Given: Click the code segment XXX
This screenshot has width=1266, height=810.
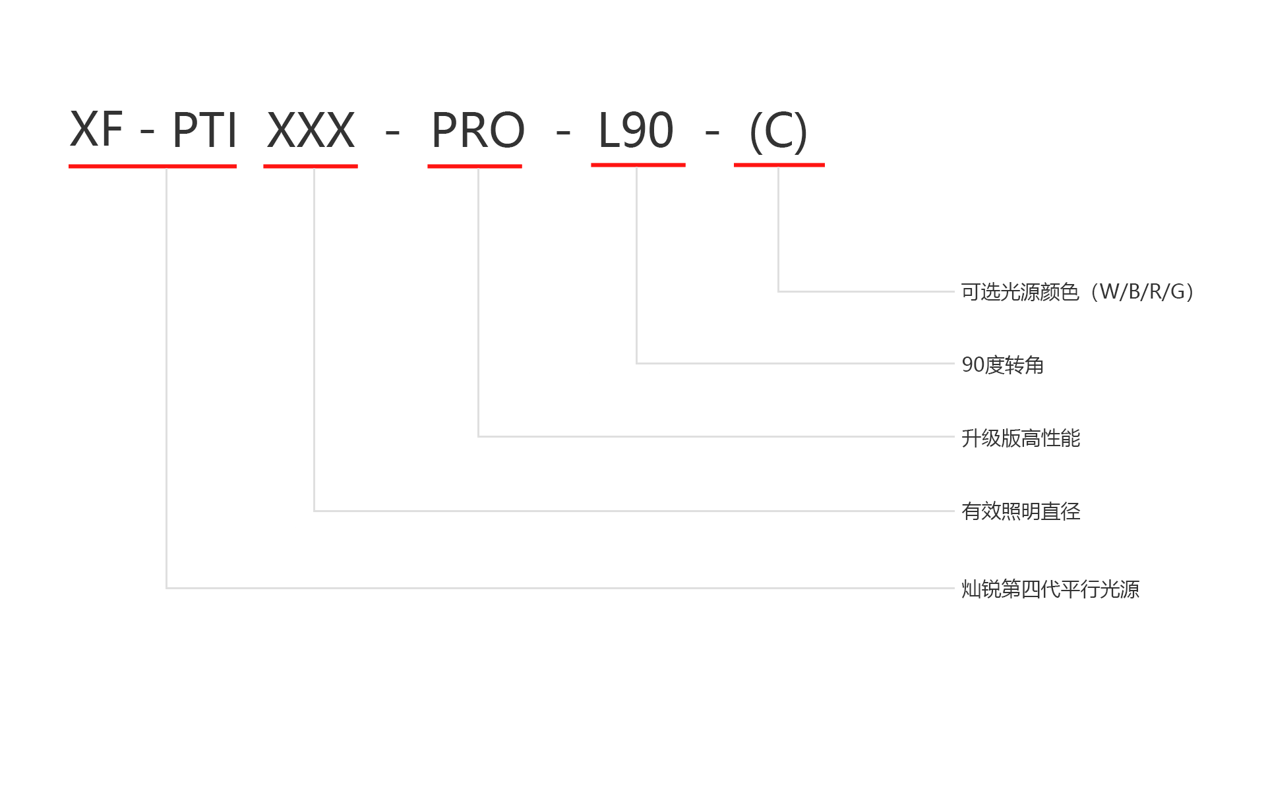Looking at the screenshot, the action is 311,130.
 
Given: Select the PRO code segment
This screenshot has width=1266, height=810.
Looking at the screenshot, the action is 477,130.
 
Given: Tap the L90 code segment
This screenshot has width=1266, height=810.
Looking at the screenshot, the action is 636,130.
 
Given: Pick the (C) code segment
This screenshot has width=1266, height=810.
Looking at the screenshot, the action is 778,131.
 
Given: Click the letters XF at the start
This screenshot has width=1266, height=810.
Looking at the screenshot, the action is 96,129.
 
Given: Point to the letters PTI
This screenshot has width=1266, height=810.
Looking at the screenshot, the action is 204,130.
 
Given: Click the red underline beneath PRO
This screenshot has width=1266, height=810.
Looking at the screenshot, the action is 475,166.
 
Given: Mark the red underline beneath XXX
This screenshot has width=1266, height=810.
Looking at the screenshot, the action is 311,166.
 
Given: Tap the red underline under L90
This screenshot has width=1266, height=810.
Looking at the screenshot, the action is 638,165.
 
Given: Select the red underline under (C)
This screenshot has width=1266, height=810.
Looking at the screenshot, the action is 779,165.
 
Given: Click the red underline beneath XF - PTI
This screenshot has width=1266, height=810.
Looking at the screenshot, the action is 152,166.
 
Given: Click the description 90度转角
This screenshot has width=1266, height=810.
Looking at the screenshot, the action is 1002,364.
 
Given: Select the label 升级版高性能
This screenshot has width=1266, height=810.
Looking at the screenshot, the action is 1021,438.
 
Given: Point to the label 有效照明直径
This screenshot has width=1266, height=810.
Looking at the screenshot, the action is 1021,511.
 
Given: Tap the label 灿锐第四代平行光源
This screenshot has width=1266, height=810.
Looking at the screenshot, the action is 1050,589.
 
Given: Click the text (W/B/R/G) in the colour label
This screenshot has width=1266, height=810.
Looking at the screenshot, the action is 1143,291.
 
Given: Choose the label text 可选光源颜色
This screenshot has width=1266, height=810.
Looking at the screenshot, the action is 1020,291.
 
